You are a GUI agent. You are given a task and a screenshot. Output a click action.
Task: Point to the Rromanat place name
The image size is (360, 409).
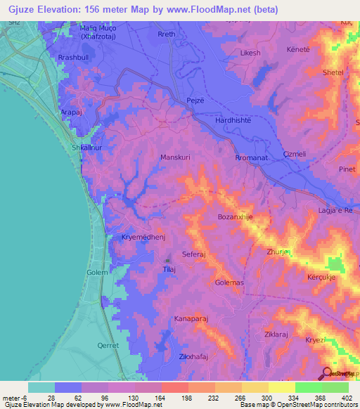tap(252, 159)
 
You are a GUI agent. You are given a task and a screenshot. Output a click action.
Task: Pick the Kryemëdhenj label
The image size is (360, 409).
tap(143, 238)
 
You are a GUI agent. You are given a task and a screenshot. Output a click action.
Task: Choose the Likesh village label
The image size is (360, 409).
tap(250, 53)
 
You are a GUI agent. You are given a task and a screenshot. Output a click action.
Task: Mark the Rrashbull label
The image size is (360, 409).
tap(75, 57)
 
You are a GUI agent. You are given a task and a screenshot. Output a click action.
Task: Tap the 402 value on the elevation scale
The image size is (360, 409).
tap(346, 397)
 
